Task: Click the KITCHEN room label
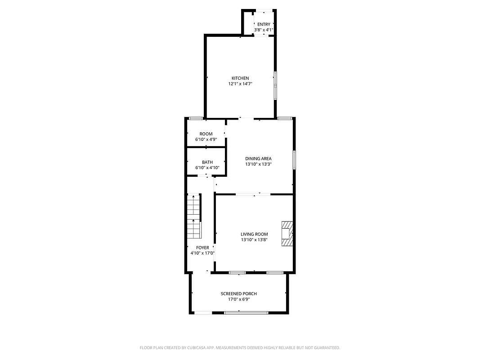240,78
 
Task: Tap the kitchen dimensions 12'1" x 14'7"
240,84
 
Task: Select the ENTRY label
264,24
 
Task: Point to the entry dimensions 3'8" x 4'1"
264,30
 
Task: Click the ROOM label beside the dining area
206,134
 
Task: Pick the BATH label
207,162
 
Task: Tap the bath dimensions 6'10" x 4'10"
207,168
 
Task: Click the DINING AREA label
258,158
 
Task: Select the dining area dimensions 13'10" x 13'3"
258,164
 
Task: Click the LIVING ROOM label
254,234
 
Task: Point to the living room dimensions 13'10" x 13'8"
254,240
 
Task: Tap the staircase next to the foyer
194,216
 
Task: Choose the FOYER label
202,248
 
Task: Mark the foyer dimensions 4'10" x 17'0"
202,253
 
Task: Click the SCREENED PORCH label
239,294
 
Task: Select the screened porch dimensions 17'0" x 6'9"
239,299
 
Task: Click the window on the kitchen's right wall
276,85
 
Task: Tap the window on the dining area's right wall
294,160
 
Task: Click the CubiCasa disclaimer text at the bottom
240,348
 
